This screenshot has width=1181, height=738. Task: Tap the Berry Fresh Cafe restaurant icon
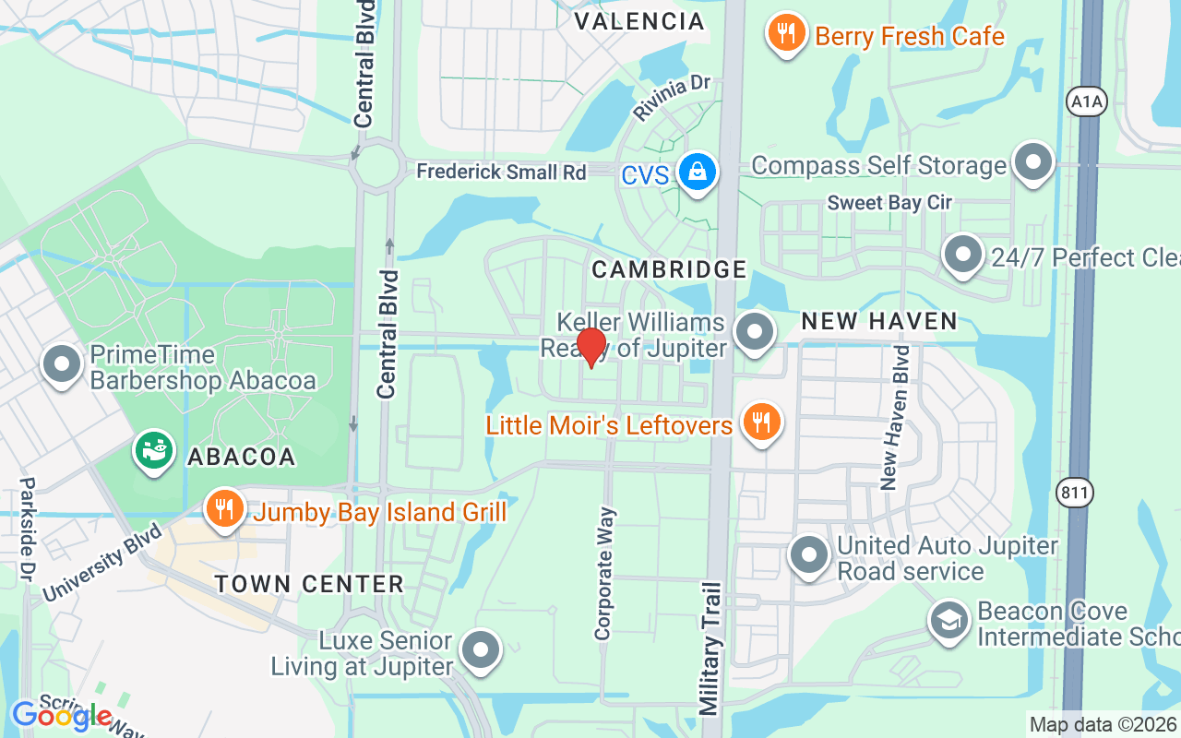[x=785, y=33]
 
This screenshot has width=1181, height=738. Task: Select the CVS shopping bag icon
[x=698, y=172]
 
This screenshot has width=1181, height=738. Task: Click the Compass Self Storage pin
[x=1033, y=163]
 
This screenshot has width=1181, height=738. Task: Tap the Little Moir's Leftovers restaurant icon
[x=760, y=423]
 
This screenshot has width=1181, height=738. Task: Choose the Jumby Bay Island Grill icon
[x=224, y=508]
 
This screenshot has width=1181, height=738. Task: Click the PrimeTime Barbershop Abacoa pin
[x=63, y=364]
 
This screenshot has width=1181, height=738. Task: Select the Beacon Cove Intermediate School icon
[x=949, y=621]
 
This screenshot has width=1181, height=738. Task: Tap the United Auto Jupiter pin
[x=810, y=555]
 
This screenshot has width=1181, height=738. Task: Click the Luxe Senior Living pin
[x=480, y=651]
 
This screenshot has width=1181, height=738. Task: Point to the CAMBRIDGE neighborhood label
[x=669, y=269]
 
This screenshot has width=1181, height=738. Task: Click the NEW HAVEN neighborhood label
[x=878, y=321]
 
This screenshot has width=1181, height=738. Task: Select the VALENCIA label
[x=638, y=21]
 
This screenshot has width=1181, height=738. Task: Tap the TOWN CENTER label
[x=309, y=584]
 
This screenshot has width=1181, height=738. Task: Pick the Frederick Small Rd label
[x=501, y=172]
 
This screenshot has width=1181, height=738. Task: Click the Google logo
[x=62, y=715]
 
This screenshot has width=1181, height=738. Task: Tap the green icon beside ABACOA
[x=154, y=451]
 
